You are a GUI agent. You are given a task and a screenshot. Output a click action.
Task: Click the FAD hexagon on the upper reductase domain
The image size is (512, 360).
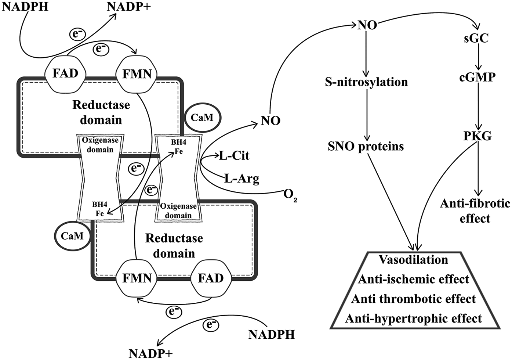65,73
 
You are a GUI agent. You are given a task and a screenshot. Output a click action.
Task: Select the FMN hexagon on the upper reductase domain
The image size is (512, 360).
137,73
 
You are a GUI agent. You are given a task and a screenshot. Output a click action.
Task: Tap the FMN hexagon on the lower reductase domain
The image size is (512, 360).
137,278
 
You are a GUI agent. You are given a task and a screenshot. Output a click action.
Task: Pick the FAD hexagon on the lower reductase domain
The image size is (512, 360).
211,278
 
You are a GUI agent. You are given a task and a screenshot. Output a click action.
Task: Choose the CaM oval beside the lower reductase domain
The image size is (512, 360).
72,235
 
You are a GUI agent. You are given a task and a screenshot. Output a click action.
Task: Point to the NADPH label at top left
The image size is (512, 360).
25,6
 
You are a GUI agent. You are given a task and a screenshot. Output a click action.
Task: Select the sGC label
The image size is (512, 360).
476,38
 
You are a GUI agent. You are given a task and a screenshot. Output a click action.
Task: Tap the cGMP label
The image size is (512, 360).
477,77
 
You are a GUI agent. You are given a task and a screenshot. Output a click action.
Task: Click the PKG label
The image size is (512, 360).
477,136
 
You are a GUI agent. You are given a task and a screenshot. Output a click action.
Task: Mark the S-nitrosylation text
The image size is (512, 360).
366,82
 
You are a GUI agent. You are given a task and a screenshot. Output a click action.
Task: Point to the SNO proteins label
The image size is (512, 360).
366,146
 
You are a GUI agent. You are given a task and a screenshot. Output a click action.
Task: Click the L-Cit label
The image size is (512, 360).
234,155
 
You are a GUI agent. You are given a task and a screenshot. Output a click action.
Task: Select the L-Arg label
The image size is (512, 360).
242,179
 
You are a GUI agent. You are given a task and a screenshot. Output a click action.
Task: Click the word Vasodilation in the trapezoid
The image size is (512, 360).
413,260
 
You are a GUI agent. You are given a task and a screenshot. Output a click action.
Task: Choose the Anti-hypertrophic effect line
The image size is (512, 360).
413,318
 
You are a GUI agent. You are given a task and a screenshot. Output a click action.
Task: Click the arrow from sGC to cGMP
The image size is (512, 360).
477,57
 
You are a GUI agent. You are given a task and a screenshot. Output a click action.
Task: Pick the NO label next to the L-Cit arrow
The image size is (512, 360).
270,120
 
